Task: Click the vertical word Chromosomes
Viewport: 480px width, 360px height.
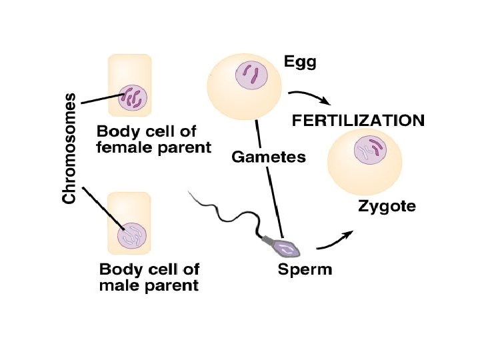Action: click(x=69, y=148)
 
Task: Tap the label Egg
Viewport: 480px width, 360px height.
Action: click(x=300, y=63)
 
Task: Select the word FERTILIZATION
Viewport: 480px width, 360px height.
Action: click(x=359, y=121)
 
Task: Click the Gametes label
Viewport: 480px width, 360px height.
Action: click(x=269, y=157)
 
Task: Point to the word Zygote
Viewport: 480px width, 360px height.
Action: click(x=387, y=206)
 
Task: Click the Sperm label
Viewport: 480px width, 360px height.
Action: click(x=305, y=270)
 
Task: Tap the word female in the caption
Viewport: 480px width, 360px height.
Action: click(x=119, y=147)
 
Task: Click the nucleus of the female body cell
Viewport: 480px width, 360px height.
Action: click(x=132, y=98)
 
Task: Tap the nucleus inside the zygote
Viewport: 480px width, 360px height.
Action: click(x=368, y=149)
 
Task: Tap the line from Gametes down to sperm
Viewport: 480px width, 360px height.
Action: click(x=277, y=200)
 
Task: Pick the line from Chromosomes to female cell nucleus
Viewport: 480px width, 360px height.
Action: click(x=100, y=100)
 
